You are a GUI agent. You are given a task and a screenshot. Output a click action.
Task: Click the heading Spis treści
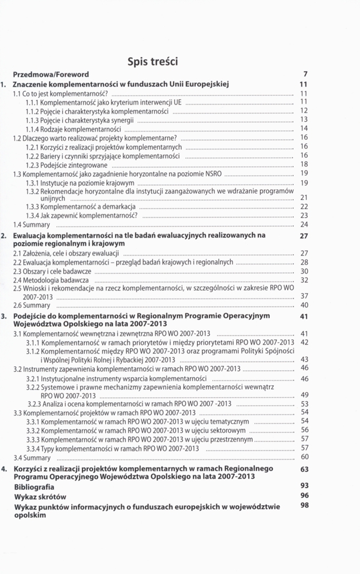(153, 60)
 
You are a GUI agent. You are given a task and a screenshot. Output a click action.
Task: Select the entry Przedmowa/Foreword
(51, 74)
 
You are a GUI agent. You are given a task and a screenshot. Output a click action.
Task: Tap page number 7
(306, 74)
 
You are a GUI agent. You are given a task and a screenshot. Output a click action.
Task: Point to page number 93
(304, 485)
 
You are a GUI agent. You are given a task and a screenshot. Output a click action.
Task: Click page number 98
(304, 505)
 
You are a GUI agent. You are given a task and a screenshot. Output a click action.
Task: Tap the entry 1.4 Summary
(32, 224)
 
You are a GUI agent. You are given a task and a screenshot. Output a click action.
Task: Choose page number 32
(305, 280)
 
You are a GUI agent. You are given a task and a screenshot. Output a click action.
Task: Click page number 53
(305, 404)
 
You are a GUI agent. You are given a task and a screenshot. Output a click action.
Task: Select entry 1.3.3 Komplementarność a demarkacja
(80, 206)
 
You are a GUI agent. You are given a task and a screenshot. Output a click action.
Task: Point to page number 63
(304, 469)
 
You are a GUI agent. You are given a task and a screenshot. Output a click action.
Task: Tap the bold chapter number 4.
(5, 469)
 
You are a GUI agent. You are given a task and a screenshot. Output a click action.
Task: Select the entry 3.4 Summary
(32, 457)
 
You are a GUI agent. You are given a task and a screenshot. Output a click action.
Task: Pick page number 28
(305, 262)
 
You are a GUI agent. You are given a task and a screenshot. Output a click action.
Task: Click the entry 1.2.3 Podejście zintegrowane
(67, 165)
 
